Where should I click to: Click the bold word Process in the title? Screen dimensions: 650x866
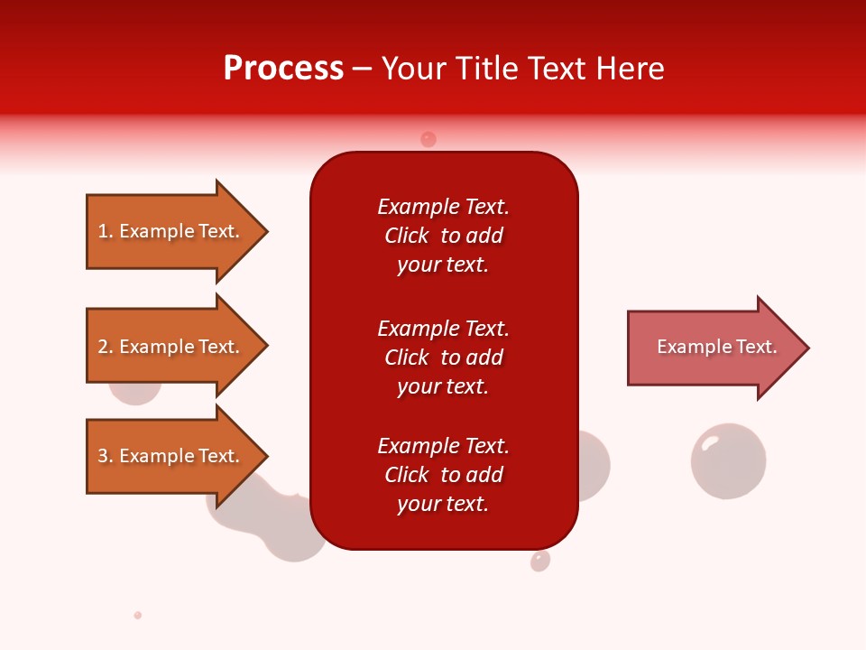tap(283, 69)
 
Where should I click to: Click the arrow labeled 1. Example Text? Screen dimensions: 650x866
tap(171, 231)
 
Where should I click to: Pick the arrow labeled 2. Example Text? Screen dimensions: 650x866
tap(171, 347)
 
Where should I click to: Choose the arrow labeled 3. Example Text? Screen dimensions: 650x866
tap(171, 456)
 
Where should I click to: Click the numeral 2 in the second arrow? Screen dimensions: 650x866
tap(103, 347)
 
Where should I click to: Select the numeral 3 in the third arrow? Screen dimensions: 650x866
tap(103, 456)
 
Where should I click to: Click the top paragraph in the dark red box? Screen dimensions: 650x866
tap(443, 236)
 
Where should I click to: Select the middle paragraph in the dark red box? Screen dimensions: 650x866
tap(443, 357)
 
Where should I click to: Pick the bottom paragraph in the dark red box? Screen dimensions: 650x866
tap(443, 475)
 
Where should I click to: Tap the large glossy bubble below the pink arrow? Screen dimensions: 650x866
tap(728, 460)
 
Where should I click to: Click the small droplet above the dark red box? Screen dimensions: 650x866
tap(428, 139)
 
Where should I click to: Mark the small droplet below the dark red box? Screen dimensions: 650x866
tap(540, 561)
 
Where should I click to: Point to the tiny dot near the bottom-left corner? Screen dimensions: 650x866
tap(138, 615)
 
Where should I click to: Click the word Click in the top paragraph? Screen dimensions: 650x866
tap(407, 236)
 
